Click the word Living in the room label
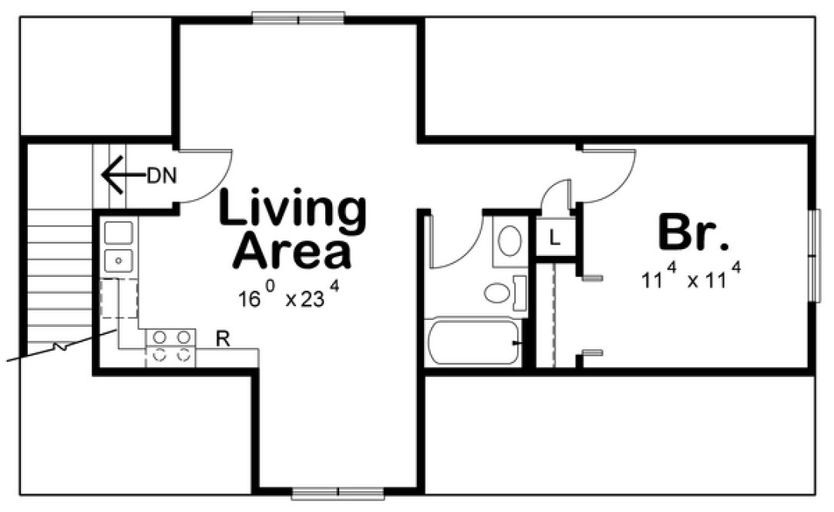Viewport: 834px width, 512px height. (x=292, y=211)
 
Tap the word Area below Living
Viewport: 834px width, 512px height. (x=292, y=251)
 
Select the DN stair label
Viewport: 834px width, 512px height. (x=162, y=176)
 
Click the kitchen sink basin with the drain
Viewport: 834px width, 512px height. (x=118, y=260)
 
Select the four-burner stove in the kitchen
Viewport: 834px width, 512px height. (x=171, y=346)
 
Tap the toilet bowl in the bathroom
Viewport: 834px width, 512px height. (x=496, y=293)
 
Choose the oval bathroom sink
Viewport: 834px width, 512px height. (x=509, y=241)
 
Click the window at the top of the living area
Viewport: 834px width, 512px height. (x=298, y=17)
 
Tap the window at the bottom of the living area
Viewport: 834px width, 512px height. (x=338, y=493)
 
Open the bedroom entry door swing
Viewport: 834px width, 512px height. (x=607, y=174)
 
